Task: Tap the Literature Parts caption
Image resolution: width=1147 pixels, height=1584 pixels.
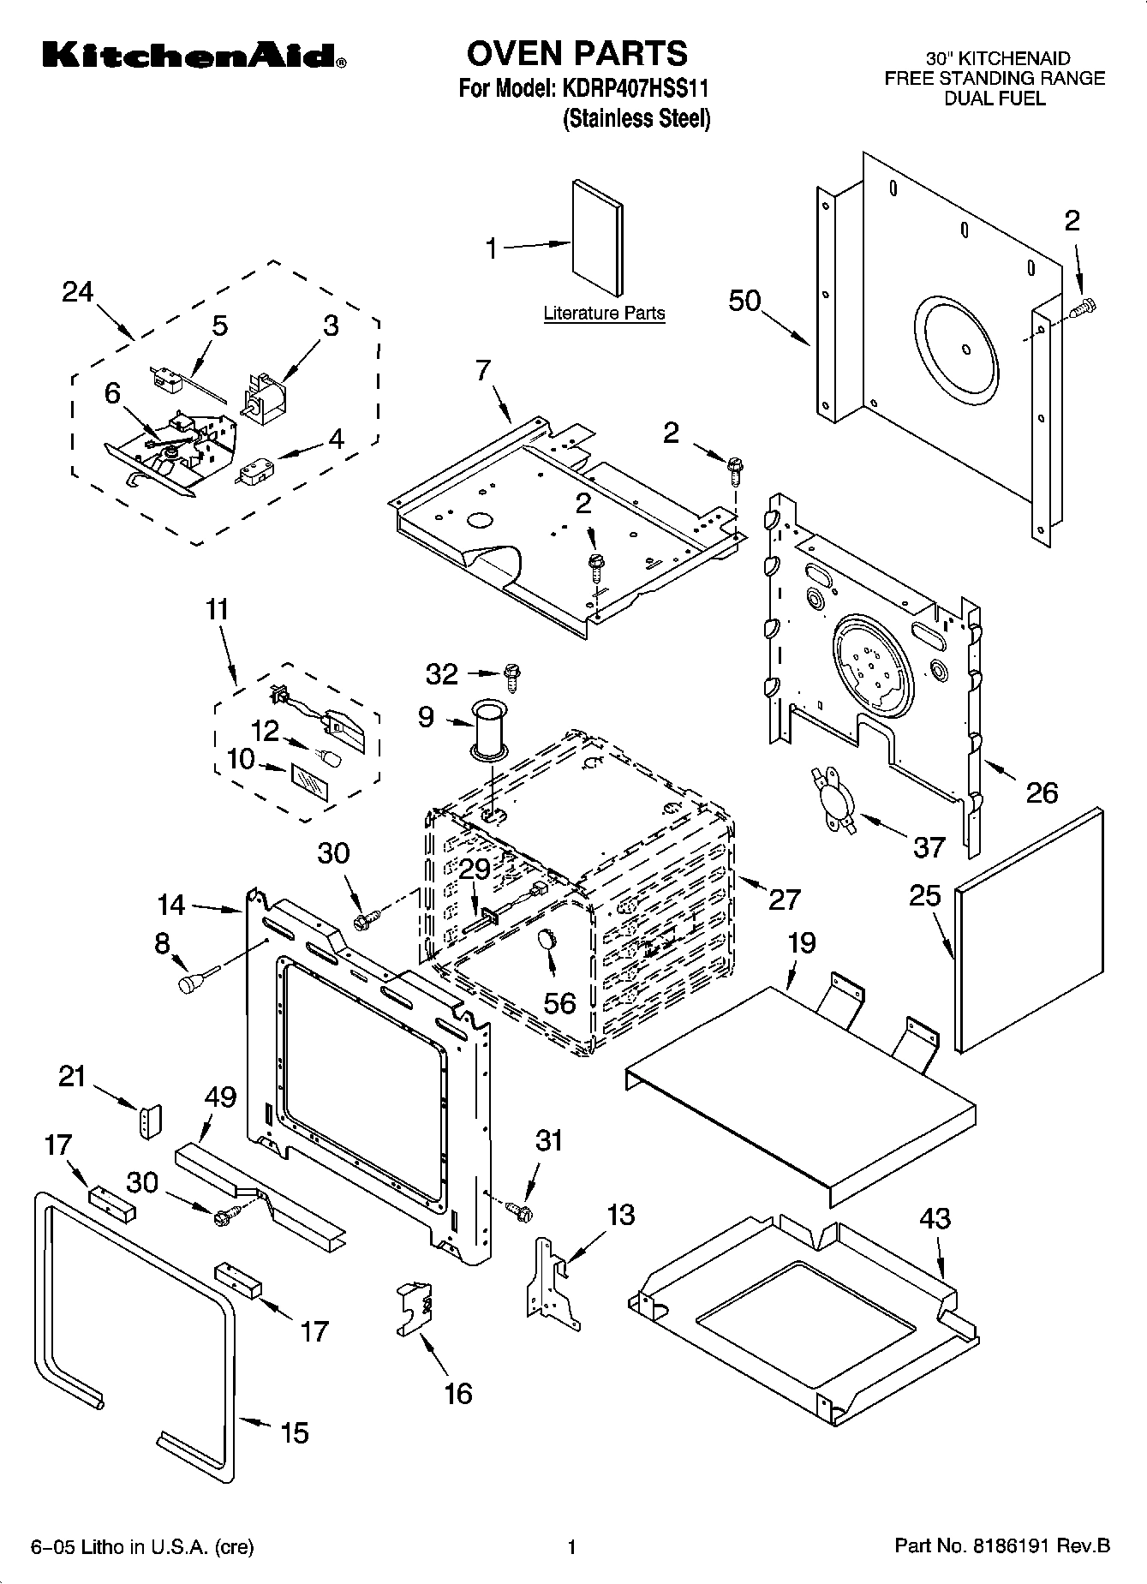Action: click(604, 314)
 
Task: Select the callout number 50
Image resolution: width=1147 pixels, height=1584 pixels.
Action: click(744, 301)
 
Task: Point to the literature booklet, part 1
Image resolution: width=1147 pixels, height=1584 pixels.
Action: click(598, 237)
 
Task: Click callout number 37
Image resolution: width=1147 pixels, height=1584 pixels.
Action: click(928, 846)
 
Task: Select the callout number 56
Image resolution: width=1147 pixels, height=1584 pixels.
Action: click(560, 1002)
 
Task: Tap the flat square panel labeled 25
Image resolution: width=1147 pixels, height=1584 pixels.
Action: click(1028, 928)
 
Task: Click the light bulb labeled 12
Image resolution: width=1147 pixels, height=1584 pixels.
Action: click(330, 757)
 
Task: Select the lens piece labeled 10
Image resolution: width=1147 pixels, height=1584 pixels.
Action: click(309, 783)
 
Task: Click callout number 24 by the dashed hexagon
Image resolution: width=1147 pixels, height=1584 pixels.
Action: click(77, 292)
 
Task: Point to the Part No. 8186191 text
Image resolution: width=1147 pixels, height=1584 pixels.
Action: click(1001, 1546)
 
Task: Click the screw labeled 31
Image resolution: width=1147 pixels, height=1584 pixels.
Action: click(520, 1210)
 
